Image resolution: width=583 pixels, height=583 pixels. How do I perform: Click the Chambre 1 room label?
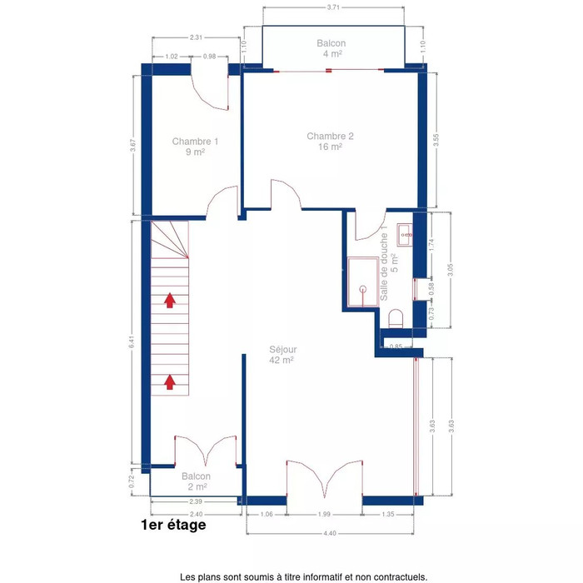[x=195, y=147]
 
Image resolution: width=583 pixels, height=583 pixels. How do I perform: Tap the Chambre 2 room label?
[x=330, y=142]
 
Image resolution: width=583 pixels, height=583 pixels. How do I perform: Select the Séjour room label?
[x=283, y=355]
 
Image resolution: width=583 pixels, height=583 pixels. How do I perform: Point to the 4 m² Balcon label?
[x=331, y=48]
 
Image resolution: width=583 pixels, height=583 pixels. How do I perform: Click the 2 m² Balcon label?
[x=197, y=481]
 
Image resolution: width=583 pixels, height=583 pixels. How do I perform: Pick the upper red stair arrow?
[x=170, y=301]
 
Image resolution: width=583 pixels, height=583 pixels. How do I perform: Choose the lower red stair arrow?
[x=170, y=381]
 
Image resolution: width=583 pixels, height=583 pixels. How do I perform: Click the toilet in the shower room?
[x=396, y=319]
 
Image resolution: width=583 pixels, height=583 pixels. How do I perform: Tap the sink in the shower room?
[x=405, y=235]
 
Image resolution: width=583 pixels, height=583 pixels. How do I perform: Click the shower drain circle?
[x=363, y=288]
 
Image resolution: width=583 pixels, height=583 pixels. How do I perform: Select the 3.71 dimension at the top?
[x=333, y=7]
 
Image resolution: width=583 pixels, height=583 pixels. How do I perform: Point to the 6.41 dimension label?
[x=132, y=342]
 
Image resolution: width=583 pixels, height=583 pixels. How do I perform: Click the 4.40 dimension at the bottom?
[x=330, y=533]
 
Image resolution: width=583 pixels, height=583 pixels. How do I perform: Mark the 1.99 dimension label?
[x=324, y=514]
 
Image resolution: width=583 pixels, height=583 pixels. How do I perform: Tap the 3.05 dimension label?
[x=451, y=271]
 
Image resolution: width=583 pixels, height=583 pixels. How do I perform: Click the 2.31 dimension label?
[x=196, y=37]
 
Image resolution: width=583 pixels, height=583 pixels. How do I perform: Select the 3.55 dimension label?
[x=436, y=140]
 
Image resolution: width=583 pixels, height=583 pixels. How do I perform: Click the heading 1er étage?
[x=173, y=525]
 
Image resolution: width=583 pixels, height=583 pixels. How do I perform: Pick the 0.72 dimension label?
[x=132, y=482]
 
